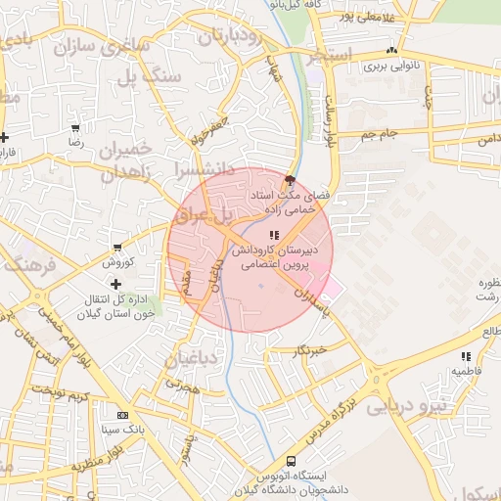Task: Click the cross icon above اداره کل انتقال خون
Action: click(x=116, y=284)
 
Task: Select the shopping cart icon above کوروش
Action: click(x=118, y=248)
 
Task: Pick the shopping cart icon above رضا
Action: click(x=76, y=128)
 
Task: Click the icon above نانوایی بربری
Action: click(x=391, y=51)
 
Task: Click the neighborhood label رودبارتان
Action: click(x=231, y=38)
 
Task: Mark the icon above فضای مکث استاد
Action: click(x=289, y=179)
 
